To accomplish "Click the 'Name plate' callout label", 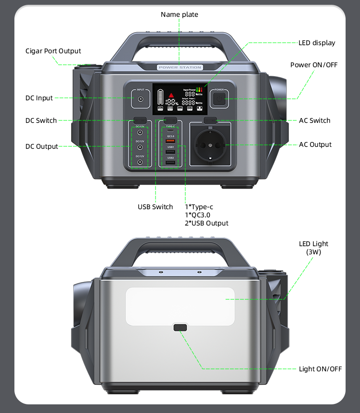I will [x=179, y=14].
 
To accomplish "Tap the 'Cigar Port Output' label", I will [x=53, y=51].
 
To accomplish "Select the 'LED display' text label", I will [x=317, y=43].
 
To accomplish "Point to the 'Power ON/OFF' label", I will [x=314, y=65].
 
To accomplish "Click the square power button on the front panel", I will [x=219, y=99].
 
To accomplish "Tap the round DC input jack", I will [x=141, y=99].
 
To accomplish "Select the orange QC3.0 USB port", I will [x=171, y=141].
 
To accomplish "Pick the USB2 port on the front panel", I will [x=171, y=163].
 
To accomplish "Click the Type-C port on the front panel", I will [x=171, y=131].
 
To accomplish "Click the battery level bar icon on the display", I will [x=160, y=97].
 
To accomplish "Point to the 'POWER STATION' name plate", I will [x=180, y=68].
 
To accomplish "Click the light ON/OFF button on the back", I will [x=180, y=328].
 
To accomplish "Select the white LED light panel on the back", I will [x=180, y=305].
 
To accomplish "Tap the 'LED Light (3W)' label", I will [x=313, y=248].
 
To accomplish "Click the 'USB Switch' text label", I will [x=155, y=207].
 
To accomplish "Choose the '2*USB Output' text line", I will [x=207, y=223].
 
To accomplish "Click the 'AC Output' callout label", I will [x=315, y=144].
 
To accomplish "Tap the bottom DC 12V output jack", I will [x=140, y=163].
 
